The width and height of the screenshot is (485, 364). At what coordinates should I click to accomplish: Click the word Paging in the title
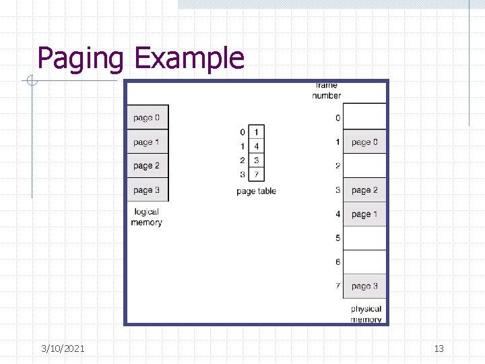80,59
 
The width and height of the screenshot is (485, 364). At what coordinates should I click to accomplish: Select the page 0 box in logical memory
147,118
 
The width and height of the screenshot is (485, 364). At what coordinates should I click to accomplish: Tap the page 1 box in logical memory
147,142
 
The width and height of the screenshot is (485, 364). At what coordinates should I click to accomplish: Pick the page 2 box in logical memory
147,166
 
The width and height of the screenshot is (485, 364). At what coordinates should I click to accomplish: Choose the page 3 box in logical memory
147,190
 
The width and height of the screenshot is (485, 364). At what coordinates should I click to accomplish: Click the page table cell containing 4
256,146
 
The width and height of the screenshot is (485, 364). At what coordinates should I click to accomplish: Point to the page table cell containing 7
256,175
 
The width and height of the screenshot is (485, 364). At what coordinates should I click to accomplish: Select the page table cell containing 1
256,132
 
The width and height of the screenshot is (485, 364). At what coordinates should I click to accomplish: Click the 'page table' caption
256,191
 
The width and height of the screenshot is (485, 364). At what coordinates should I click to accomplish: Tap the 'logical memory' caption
146,217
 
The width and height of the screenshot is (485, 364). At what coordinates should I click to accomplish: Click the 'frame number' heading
326,90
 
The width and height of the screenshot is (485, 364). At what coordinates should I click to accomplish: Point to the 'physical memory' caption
366,314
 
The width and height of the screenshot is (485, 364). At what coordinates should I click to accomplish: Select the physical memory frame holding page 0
364,142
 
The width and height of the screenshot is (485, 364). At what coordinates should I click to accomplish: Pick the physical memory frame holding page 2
364,190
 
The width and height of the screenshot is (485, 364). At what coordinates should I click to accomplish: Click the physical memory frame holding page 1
364,214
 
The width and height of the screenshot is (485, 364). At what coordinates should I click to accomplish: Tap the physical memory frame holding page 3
364,286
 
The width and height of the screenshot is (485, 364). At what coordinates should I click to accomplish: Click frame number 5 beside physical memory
337,238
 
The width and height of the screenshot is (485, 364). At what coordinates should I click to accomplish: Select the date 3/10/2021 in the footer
63,348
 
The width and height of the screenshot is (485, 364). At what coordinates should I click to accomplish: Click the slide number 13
439,348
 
